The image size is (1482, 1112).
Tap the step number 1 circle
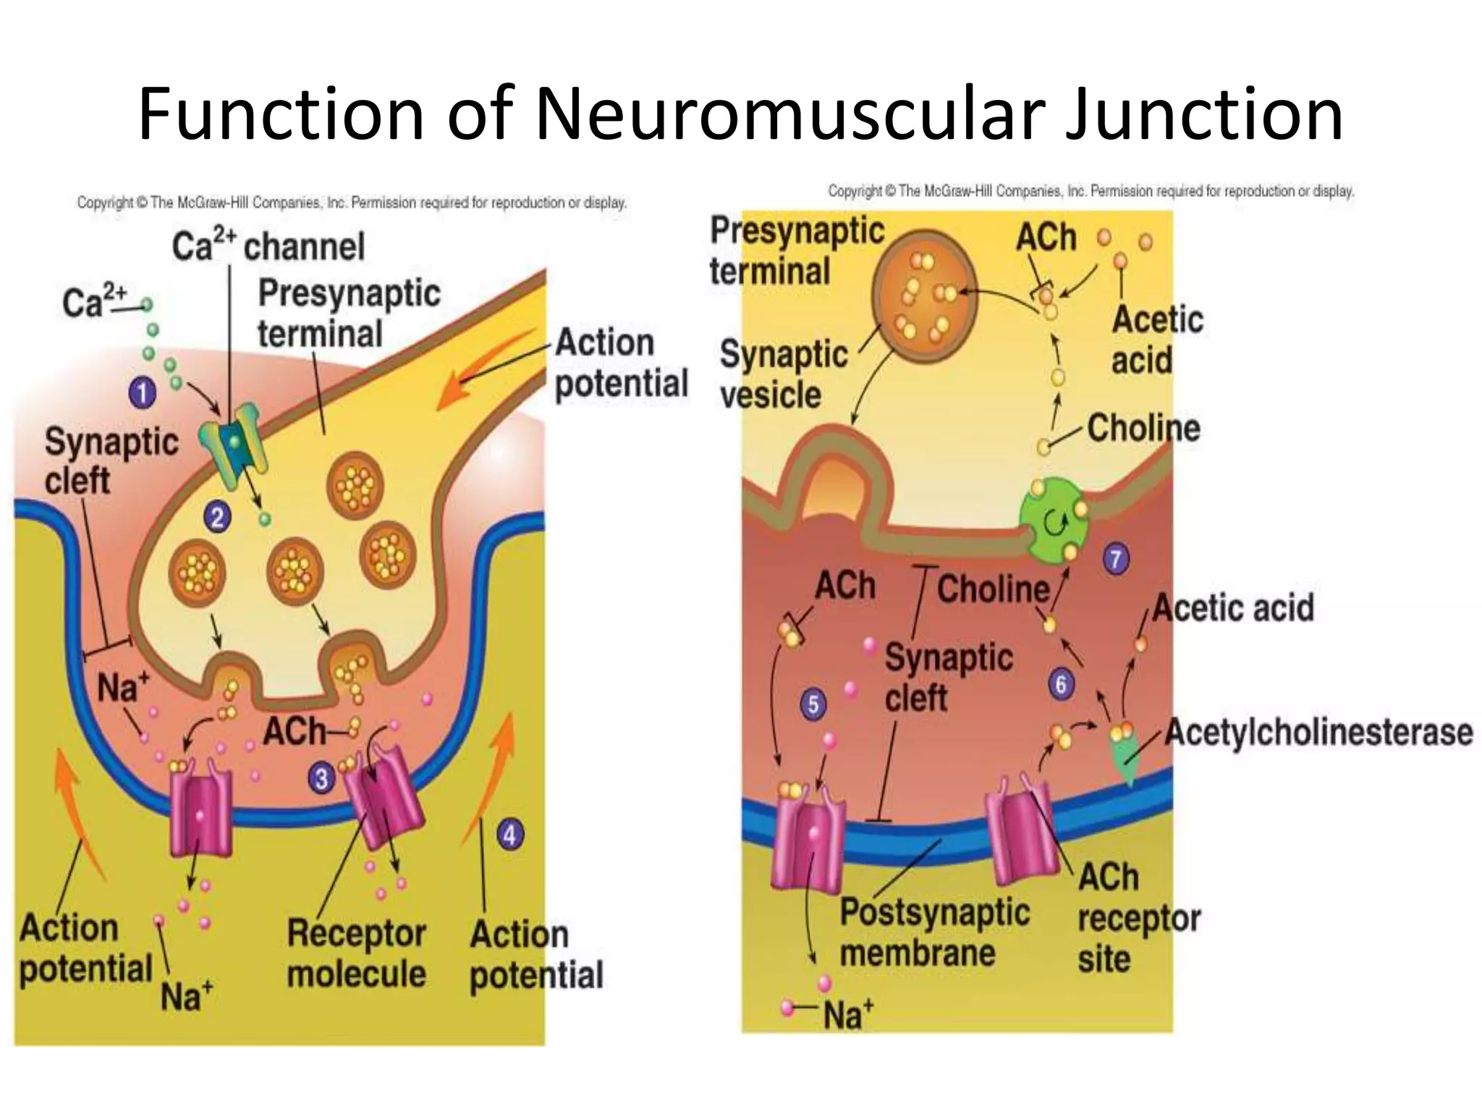[143, 393]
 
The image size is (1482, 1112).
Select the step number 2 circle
[217, 518]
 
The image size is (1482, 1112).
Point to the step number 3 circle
[321, 779]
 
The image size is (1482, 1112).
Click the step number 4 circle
[510, 835]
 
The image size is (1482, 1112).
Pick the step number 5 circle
[813, 704]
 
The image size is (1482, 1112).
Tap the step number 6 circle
[1061, 684]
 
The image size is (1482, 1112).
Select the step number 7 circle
[1115, 559]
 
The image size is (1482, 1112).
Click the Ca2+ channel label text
[268, 246]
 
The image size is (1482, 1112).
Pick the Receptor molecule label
[356, 953]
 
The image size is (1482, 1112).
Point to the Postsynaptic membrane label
[933, 932]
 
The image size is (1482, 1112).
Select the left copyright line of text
[352, 203]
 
